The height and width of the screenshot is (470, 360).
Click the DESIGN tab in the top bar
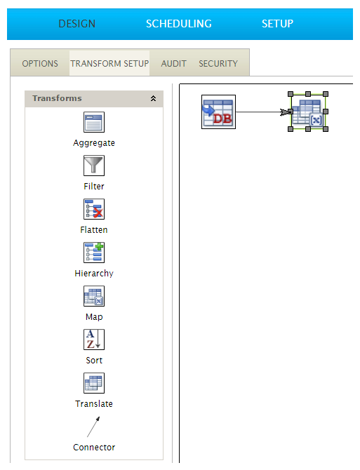76,24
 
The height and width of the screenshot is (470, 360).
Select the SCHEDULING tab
179,24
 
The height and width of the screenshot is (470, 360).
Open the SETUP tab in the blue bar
277,24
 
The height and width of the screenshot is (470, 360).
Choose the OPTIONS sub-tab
40,64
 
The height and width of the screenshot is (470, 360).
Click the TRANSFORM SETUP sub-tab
109,64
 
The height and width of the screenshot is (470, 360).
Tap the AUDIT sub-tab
173,64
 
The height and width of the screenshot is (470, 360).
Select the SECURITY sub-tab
218,64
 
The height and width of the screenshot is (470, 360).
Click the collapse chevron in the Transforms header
153,98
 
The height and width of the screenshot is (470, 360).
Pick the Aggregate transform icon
94,122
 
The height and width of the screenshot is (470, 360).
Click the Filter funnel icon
94,166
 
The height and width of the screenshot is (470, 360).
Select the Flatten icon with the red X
94,209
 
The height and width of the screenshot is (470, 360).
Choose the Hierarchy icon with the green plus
94,253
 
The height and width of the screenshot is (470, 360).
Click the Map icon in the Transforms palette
94,296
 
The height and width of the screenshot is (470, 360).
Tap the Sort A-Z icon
94,340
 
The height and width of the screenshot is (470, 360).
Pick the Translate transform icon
94,383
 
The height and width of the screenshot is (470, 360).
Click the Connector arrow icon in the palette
93,427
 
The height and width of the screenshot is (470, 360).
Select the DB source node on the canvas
218,112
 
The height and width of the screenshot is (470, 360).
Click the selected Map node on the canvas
308,112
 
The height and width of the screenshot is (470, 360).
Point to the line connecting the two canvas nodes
260,112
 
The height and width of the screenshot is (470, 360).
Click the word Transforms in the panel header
57,98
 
